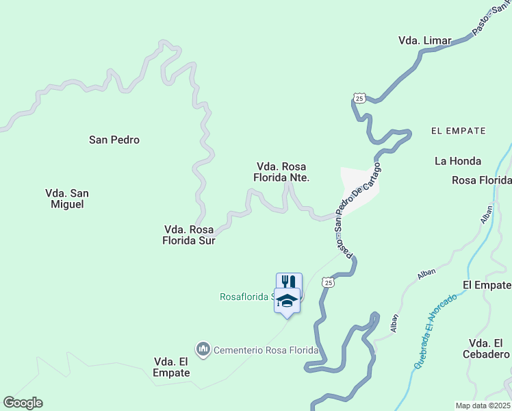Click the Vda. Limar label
tap(424, 40)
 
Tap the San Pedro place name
tap(114, 140)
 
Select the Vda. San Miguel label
tap(67, 199)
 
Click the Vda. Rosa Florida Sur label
tap(189, 235)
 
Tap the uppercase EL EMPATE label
tap(459, 130)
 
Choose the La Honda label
tap(458, 161)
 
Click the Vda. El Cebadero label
tap(489, 349)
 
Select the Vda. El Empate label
tap(172, 367)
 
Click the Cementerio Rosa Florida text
tap(266, 350)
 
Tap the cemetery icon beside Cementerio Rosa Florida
tap(203, 350)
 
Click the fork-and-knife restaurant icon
tap(289, 282)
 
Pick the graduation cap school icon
tap(287, 300)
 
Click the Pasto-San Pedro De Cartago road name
tap(357, 206)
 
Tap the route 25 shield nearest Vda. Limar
tap(360, 98)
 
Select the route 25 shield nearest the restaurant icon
tap(329, 282)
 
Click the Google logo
tap(23, 403)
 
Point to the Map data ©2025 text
tap(483, 406)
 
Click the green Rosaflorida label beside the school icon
tap(246, 297)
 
